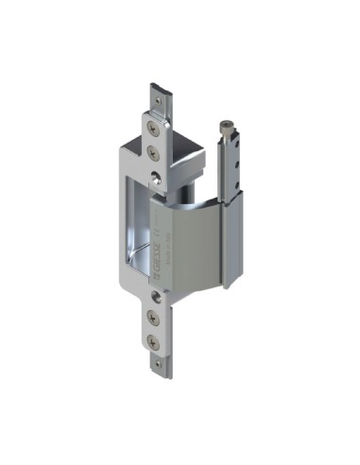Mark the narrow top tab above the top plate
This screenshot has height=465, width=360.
[x=158, y=100]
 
